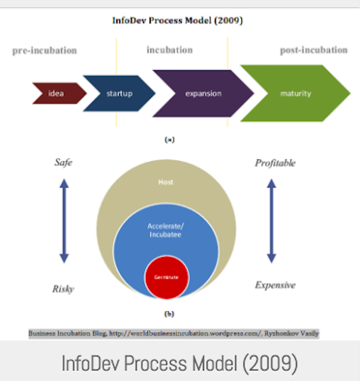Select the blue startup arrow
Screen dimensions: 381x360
click(119, 93)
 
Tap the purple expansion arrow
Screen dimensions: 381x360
click(203, 93)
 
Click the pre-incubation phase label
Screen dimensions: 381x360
click(45, 51)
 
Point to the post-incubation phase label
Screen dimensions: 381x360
click(314, 50)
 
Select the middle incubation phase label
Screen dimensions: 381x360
click(169, 50)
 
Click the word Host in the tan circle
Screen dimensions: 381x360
click(166, 182)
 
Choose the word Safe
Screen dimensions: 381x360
click(63, 162)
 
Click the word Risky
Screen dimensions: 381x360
click(63, 289)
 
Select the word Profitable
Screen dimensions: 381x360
click(275, 163)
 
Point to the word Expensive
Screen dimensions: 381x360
click(275, 285)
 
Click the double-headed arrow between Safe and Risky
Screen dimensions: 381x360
click(64, 221)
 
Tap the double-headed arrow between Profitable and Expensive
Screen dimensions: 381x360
click(271, 221)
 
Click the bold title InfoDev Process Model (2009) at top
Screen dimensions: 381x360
click(177, 20)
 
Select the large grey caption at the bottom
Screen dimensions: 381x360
click(179, 361)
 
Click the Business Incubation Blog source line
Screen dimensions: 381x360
click(173, 334)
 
